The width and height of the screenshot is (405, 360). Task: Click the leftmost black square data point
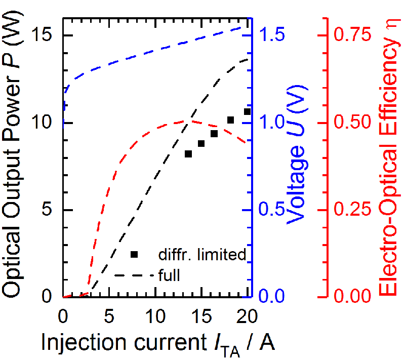click(x=188, y=154)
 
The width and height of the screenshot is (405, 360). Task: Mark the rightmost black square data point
click(x=247, y=111)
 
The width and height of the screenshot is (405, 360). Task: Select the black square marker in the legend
click(x=134, y=254)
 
